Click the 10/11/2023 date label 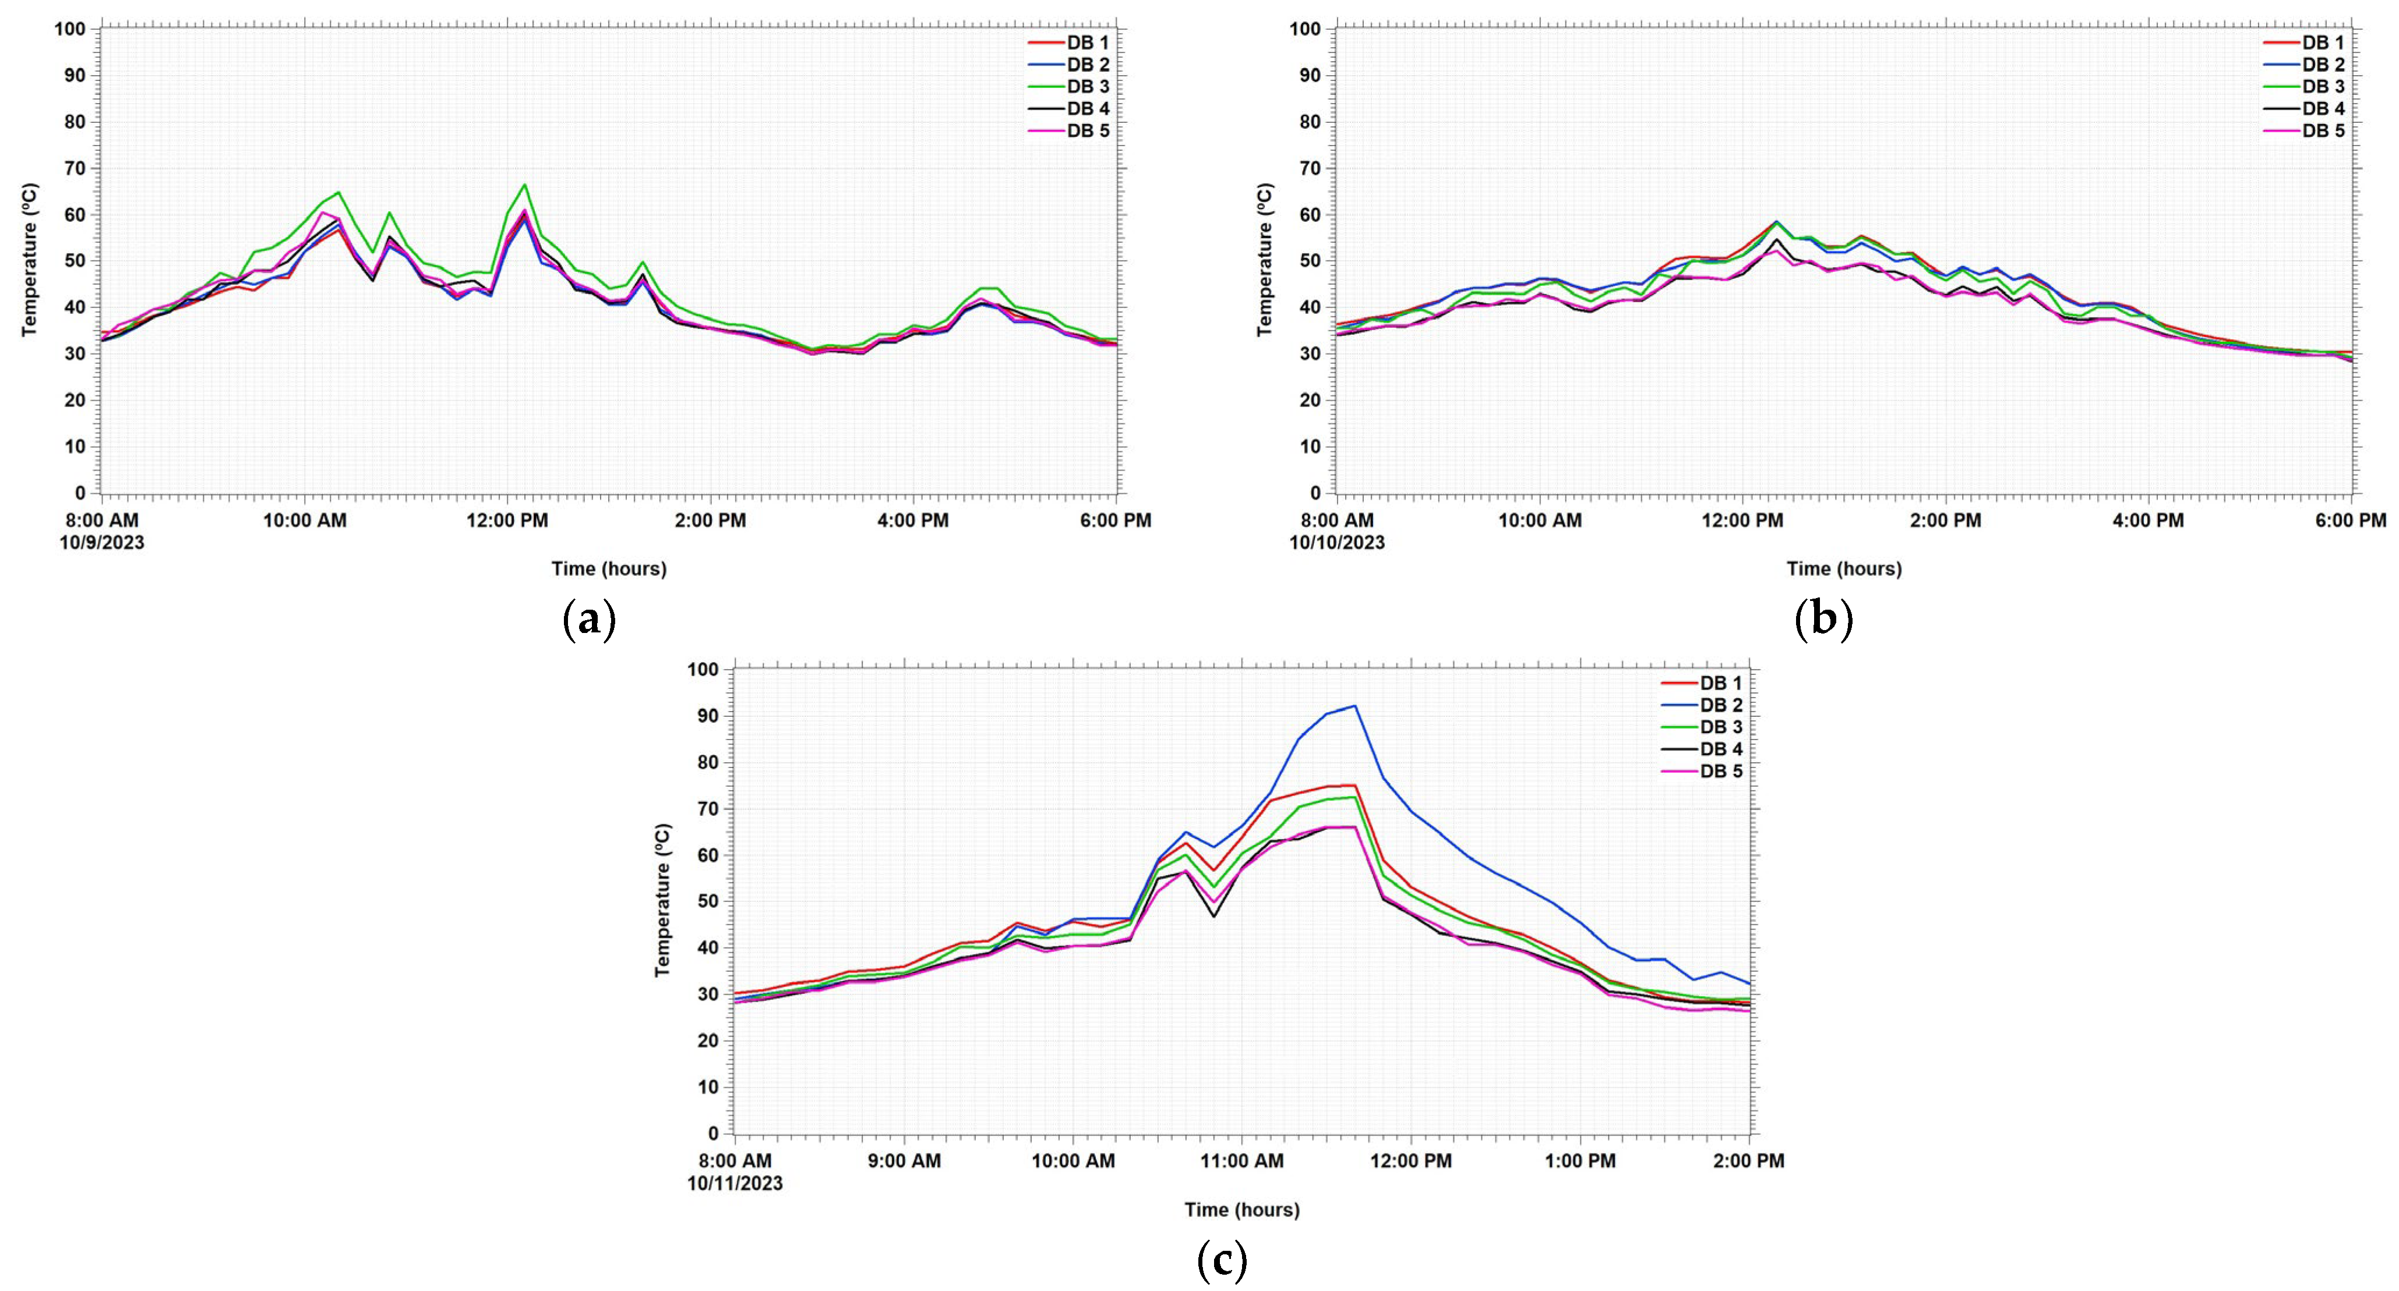[736, 1183]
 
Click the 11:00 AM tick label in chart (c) [1241, 1161]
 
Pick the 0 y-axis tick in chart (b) [1314, 493]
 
